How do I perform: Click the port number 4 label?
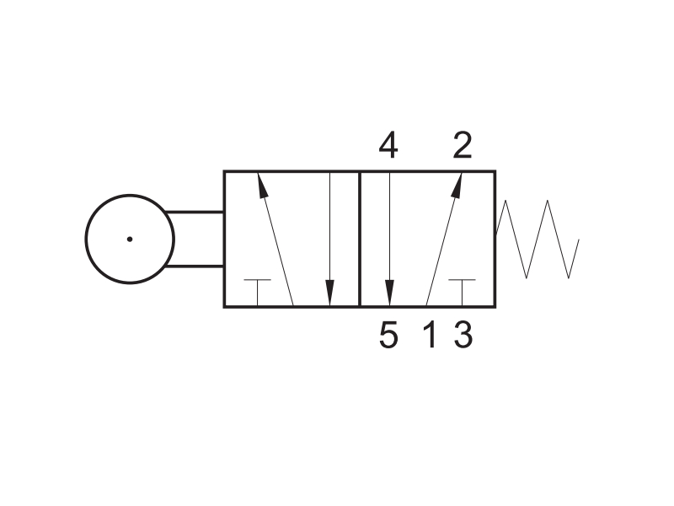click(388, 145)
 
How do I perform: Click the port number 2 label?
click(463, 145)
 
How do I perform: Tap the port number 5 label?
click(388, 335)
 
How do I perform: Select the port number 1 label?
click(430, 335)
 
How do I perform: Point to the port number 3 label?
click(463, 335)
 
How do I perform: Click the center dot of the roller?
click(130, 240)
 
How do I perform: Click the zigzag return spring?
click(538, 240)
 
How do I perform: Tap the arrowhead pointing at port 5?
click(389, 293)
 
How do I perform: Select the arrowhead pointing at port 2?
click(457, 185)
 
